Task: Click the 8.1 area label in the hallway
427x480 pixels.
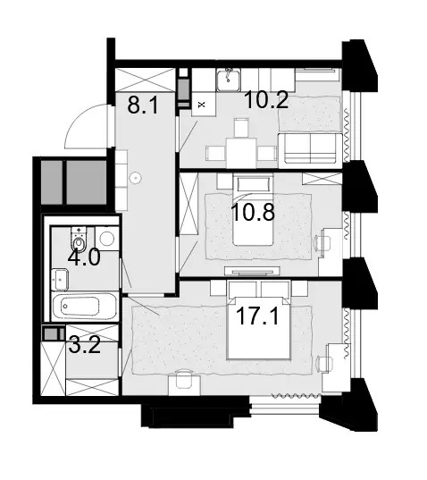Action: tap(143, 105)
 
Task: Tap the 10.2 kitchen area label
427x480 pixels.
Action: tap(267, 100)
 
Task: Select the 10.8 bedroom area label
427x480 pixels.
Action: tap(253, 212)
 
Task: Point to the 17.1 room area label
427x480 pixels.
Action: tap(257, 316)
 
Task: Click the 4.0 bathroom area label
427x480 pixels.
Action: tap(84, 257)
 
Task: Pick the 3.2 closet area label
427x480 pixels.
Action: tap(85, 345)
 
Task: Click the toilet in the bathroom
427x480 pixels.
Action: tap(80, 239)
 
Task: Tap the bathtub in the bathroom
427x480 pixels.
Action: tap(85, 307)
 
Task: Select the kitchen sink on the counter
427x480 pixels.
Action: tap(229, 80)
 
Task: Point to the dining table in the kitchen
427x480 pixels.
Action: tap(241, 153)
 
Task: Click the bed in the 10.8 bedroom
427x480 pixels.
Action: tap(253, 210)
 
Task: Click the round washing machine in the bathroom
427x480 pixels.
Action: tap(107, 239)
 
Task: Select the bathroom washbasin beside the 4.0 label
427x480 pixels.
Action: tap(60, 280)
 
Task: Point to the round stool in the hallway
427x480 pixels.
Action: tap(135, 178)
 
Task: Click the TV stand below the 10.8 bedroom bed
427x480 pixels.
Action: tap(252, 271)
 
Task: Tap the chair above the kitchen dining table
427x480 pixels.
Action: tap(241, 128)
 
